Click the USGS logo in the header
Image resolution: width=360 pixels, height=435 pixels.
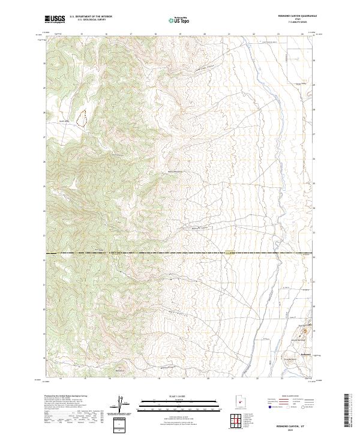(x=55, y=20)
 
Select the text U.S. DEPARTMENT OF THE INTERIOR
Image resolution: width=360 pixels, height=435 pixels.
(x=91, y=17)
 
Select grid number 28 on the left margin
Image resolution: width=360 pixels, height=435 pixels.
(x=44, y=112)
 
